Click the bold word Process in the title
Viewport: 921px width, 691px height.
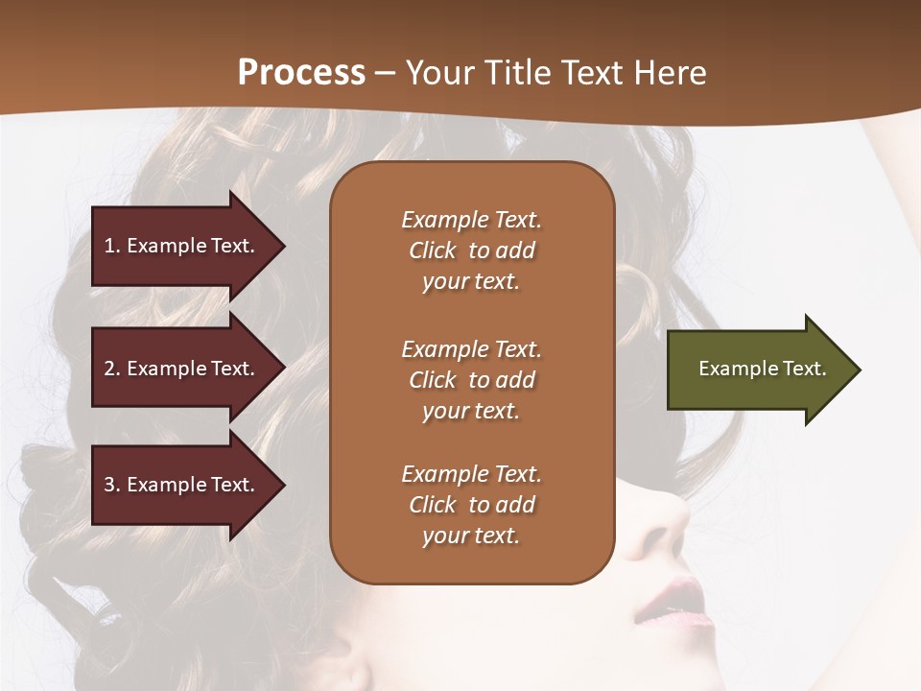click(301, 73)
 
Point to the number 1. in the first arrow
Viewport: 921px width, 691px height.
click(112, 246)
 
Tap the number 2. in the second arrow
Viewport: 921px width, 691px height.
click(112, 369)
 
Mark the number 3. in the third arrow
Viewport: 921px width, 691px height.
click(112, 485)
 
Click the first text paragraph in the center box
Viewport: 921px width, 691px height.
click(471, 250)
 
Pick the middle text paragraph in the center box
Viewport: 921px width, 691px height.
click(471, 380)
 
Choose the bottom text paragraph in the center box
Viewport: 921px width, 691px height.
click(471, 505)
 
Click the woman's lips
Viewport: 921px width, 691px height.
click(672, 600)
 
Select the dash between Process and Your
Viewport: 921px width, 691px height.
click(385, 74)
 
